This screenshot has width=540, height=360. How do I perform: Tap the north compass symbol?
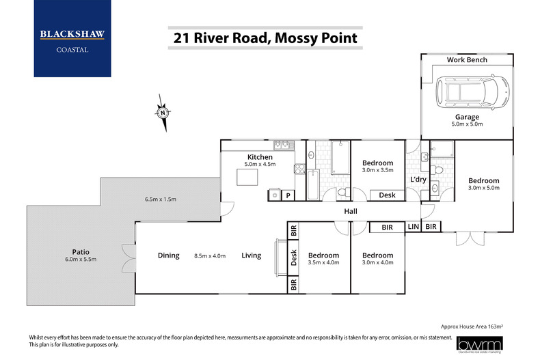pyautogui.click(x=163, y=113)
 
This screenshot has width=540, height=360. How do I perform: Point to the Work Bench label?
pyautogui.click(x=467, y=60)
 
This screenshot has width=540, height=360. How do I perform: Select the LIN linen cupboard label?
pyautogui.click(x=413, y=226)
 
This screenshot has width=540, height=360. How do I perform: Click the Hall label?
pyautogui.click(x=351, y=212)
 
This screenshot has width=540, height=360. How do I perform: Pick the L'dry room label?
pyautogui.click(x=418, y=179)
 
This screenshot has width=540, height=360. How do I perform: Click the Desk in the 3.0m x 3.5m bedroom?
pyautogui.click(x=386, y=195)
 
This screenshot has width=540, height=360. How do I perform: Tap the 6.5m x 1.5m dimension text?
pyautogui.click(x=161, y=199)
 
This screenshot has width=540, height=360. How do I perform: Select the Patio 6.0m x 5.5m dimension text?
pyautogui.click(x=81, y=260)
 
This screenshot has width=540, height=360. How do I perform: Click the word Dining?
pyautogui.click(x=168, y=255)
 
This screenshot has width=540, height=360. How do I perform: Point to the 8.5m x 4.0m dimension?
pyautogui.click(x=210, y=255)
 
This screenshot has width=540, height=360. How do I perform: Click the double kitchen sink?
pyautogui.click(x=282, y=145)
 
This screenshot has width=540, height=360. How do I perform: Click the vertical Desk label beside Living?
pyautogui.click(x=293, y=257)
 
